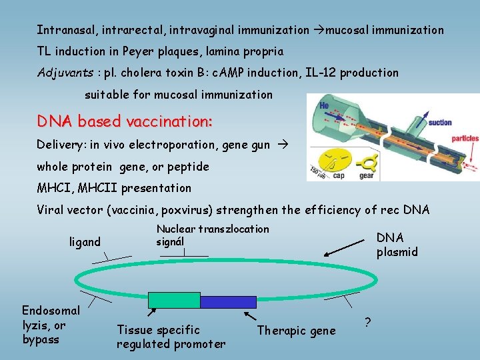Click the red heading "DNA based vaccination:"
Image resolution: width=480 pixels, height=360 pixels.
(125, 121)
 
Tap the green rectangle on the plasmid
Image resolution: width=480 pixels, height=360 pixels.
(174, 301)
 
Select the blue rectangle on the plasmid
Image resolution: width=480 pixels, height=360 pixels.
(228, 302)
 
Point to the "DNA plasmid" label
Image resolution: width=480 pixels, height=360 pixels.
(397, 245)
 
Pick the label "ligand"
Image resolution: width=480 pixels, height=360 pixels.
(85, 241)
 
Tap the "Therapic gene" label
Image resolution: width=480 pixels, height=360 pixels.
(296, 331)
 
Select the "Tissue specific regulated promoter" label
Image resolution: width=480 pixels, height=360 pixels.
(171, 337)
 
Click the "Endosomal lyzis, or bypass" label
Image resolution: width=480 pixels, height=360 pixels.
(51, 325)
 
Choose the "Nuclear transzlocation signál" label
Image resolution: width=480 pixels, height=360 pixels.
(212, 235)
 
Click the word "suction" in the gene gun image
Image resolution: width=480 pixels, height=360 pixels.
(440, 123)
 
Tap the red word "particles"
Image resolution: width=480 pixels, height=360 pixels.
(465, 139)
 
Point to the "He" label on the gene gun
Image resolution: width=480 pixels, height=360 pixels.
(323, 105)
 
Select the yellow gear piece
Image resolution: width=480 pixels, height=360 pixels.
(366, 161)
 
